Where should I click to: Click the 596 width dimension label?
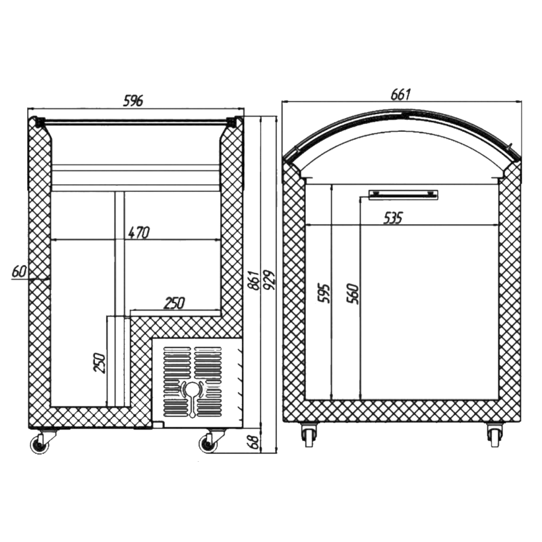(x=133, y=101)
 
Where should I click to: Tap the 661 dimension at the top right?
(x=401, y=94)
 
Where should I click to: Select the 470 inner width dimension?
(x=139, y=233)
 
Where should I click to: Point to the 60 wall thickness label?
(x=19, y=272)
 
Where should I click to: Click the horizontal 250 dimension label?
(x=175, y=303)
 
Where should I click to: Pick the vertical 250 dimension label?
(x=99, y=363)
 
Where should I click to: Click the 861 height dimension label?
(x=254, y=280)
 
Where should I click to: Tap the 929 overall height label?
(x=269, y=280)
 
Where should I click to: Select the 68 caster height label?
(x=254, y=442)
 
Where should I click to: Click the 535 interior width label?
(x=393, y=218)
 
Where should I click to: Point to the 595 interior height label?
(x=324, y=293)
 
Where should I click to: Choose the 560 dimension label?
(x=353, y=293)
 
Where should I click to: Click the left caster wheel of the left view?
(x=40, y=444)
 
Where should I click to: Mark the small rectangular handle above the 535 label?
(x=403, y=195)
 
